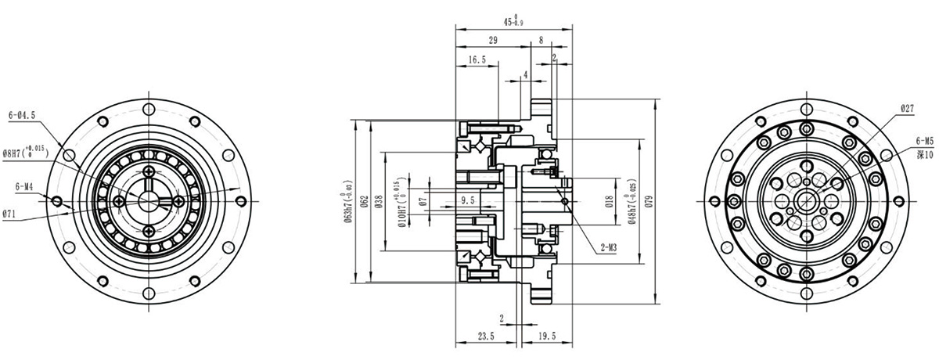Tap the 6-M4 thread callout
pos(24,187)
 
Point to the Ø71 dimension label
pos(10,213)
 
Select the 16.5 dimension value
pos(477,59)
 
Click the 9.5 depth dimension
pos(469,200)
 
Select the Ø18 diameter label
pos(610,201)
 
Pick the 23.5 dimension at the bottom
pos(486,336)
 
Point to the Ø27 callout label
pos(907,108)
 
